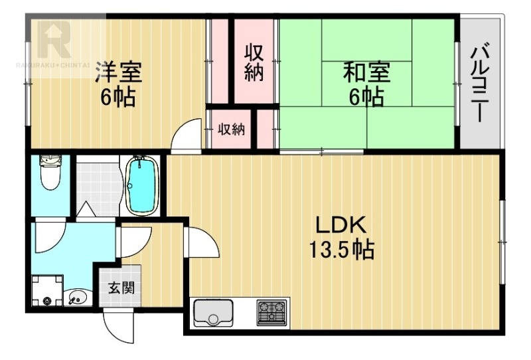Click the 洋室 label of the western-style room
point(118,72)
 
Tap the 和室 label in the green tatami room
point(367,72)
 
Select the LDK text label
point(341,225)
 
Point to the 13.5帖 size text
point(341,250)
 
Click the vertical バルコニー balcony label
point(481,85)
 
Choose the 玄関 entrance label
point(121,288)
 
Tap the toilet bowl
point(50,173)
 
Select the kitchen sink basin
point(213,314)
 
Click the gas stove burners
point(271,313)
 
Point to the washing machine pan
point(47,290)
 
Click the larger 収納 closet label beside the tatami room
point(254,62)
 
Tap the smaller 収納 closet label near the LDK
point(231,129)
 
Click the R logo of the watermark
point(54,39)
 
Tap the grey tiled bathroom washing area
point(98,185)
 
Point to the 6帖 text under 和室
point(367,97)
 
